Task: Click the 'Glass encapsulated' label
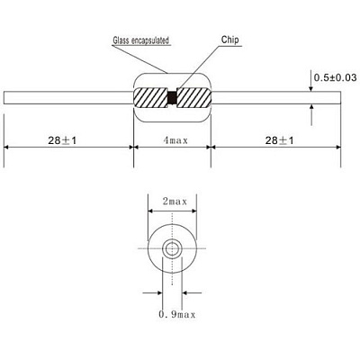click(141, 40)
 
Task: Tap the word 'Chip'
click(230, 40)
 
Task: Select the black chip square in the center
click(172, 97)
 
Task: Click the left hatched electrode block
click(150, 97)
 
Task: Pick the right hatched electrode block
click(193, 97)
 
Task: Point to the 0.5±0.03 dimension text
click(336, 77)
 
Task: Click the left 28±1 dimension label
click(62, 140)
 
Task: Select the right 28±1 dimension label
click(279, 140)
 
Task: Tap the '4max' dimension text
click(175, 140)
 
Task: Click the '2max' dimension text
click(175, 201)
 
